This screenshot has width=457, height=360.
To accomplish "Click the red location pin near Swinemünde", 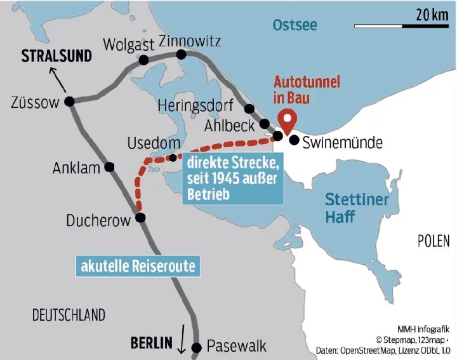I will (289, 120).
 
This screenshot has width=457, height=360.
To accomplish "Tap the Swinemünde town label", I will (342, 142).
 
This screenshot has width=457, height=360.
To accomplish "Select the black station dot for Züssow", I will (70, 101).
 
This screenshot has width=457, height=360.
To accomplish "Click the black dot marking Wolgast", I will (143, 60).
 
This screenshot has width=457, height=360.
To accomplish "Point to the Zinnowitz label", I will (190, 41).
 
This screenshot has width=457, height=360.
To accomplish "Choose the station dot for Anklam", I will (110, 167).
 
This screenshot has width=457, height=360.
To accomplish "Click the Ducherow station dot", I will (140, 218).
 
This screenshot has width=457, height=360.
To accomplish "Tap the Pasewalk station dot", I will (196, 347).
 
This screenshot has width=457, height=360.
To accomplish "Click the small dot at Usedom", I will (173, 158).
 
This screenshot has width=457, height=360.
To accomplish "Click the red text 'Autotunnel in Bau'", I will (307, 90).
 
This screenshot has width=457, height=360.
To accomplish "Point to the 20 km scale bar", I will (401, 25).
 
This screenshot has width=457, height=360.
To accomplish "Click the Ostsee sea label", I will (295, 25).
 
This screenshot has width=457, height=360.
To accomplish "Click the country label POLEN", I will (433, 241).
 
